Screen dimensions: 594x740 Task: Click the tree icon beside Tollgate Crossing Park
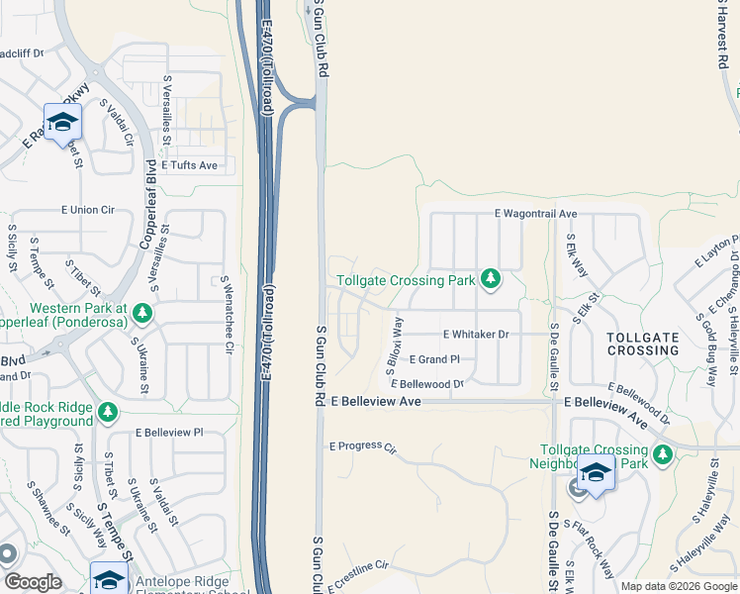489,280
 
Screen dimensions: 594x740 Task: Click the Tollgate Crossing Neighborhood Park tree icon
662,454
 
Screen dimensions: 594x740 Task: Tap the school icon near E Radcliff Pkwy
62,123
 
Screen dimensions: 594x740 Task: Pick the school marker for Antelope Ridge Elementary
109,579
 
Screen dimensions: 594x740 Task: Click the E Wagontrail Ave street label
535,214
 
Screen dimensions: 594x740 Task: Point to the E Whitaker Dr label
476,335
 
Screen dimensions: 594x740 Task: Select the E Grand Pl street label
434,359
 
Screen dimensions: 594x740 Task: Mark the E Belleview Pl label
169,433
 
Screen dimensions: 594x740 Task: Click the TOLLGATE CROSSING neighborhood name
642,344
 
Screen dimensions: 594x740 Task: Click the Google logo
33,582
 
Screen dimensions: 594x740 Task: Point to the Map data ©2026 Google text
678,586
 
